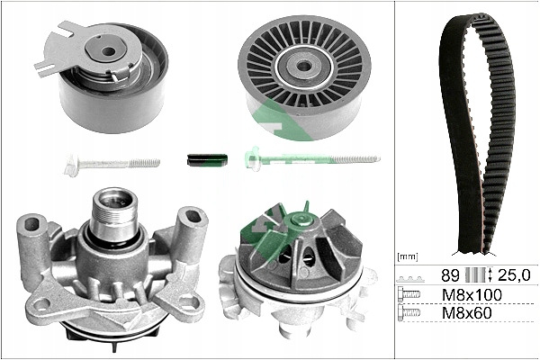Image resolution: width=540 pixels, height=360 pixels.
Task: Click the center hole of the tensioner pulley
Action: pyautogui.click(x=109, y=52)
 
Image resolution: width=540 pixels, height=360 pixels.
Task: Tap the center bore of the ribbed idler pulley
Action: pyautogui.click(x=304, y=65)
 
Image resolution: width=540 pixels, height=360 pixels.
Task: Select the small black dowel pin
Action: pyautogui.click(x=207, y=159)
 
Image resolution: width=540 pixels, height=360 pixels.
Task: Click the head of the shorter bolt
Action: pyautogui.click(x=73, y=165)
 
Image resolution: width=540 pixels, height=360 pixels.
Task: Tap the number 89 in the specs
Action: pyautogui.click(x=450, y=274)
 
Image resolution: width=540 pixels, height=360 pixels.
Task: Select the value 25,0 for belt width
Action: pyautogui.click(x=513, y=274)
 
